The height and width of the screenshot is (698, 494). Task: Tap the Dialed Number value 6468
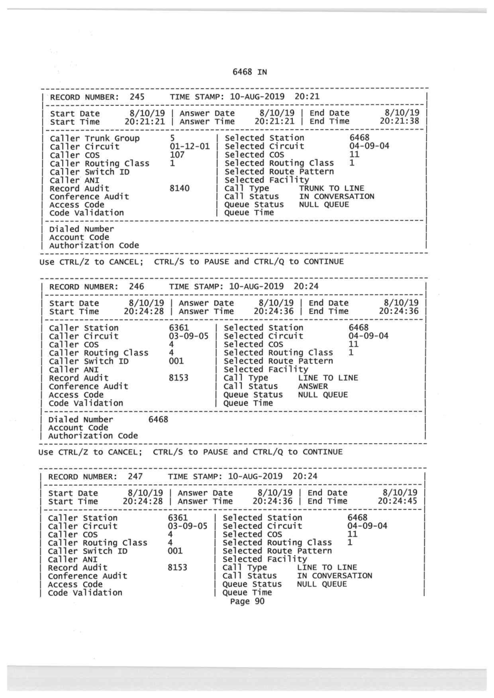pos(158,420)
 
